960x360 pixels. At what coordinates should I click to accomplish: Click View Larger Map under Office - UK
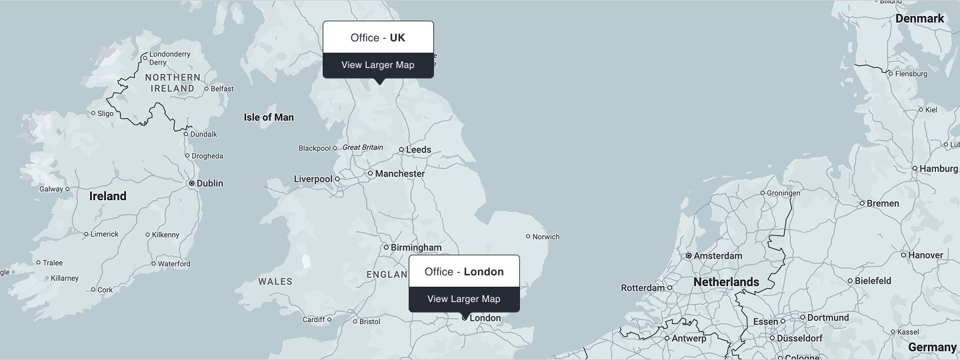point(378,65)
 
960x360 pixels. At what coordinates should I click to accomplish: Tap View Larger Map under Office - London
point(463,299)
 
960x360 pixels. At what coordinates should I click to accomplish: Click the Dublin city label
point(210,183)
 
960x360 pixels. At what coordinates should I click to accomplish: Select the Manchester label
point(400,174)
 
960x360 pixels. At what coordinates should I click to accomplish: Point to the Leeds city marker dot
point(401,150)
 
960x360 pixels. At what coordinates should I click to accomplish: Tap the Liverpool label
point(313,179)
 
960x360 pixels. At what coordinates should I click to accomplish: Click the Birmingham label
point(416,248)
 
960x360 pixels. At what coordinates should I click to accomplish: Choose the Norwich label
point(546,237)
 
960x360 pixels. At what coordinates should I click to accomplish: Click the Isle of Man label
point(269,117)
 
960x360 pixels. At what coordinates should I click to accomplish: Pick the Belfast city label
point(222,89)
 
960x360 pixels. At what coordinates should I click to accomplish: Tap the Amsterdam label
point(718,256)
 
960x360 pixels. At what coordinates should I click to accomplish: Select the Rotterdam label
point(643,288)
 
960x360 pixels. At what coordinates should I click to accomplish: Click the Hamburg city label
point(938,169)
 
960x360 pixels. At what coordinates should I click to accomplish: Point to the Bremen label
point(883,203)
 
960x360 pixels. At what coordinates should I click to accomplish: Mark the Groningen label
point(784,193)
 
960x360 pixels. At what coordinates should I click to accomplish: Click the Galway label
point(51,189)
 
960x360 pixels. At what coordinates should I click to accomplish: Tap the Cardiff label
point(313,320)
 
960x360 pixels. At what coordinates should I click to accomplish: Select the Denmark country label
point(919,19)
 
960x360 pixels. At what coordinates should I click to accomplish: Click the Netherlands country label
point(726,283)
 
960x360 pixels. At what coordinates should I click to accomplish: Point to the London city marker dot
point(465,318)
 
